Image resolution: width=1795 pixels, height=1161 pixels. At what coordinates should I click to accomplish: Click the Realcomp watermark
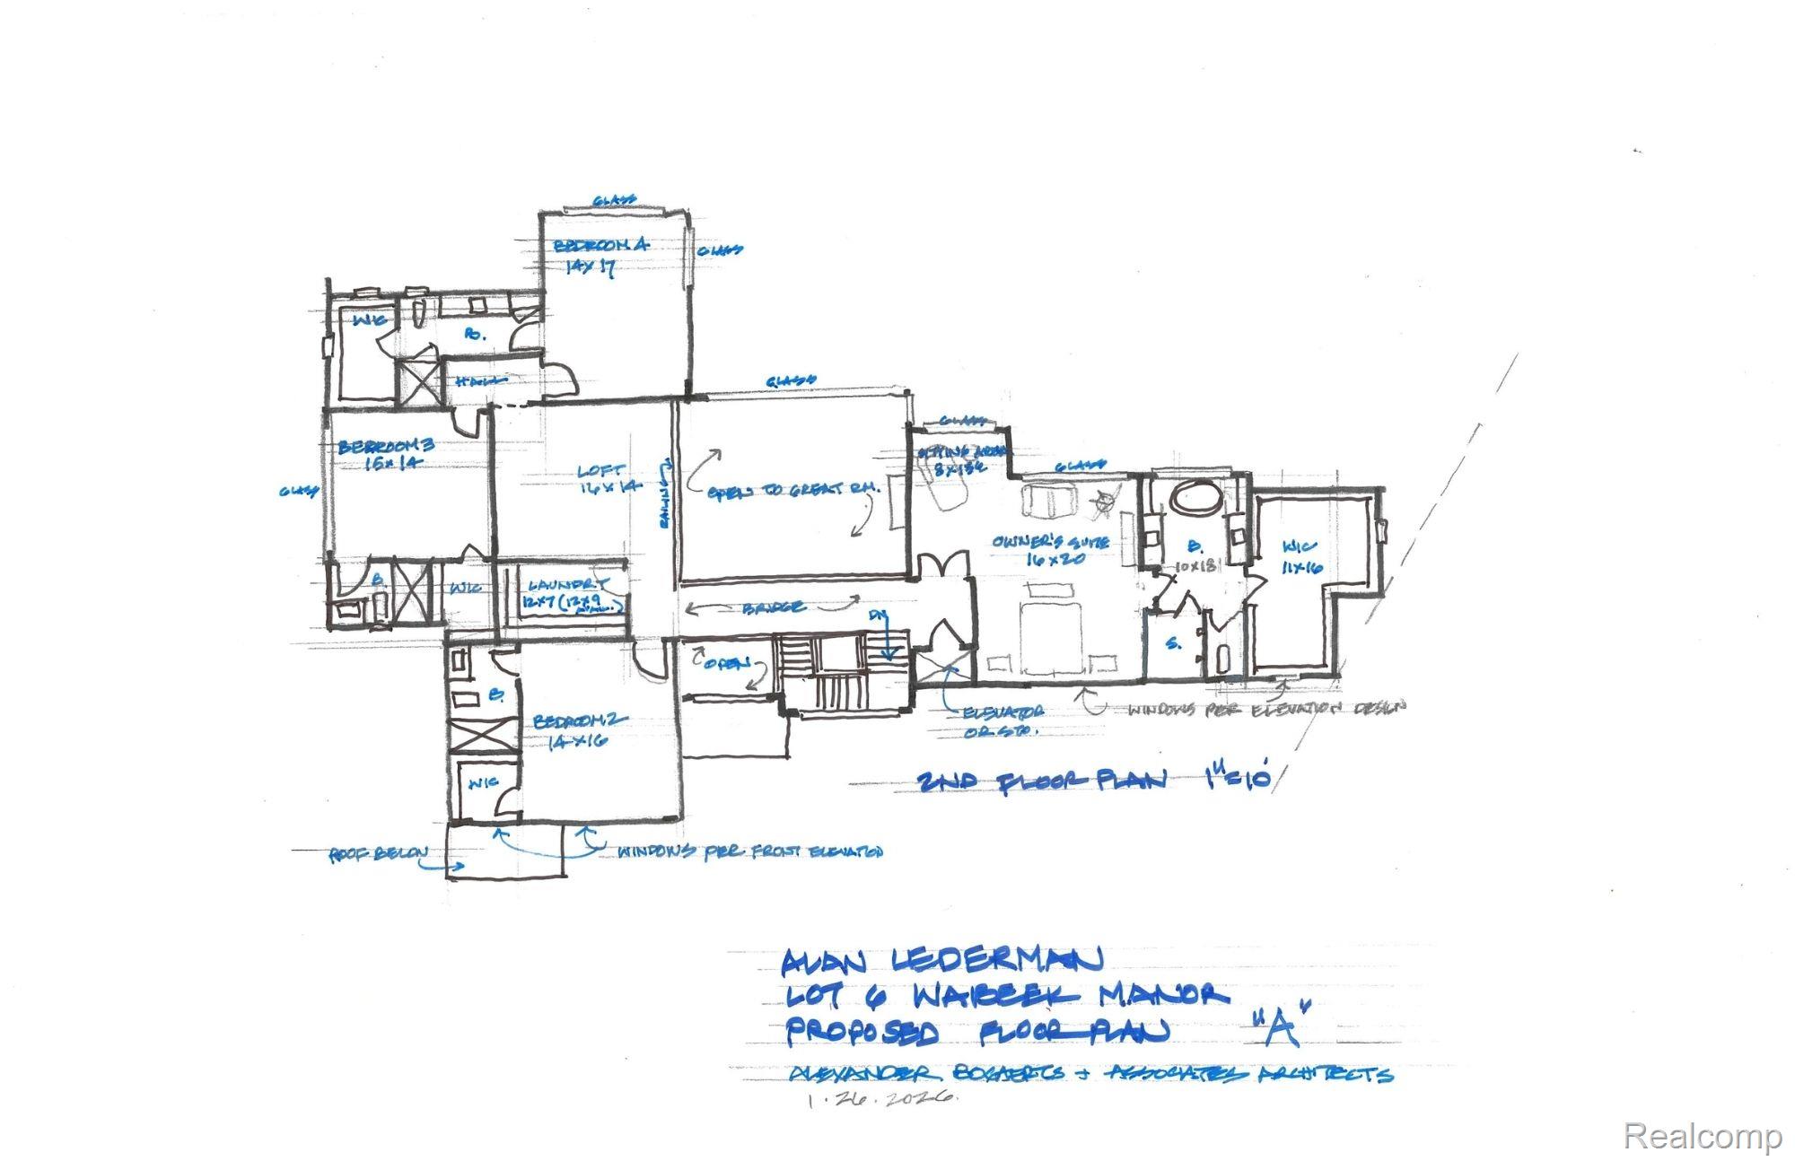(x=1702, y=1137)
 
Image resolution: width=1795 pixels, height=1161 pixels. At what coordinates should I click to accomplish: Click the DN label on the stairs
(x=878, y=616)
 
